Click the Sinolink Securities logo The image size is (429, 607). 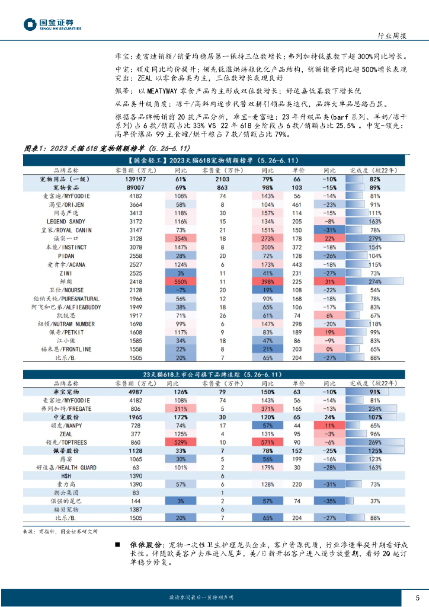coord(52,23)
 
